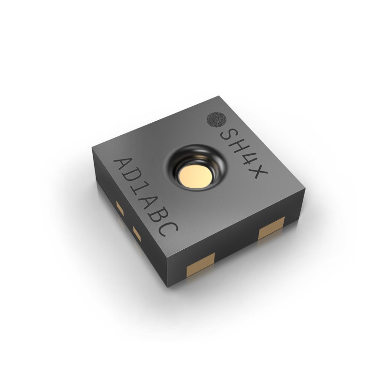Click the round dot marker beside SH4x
click(215, 119)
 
